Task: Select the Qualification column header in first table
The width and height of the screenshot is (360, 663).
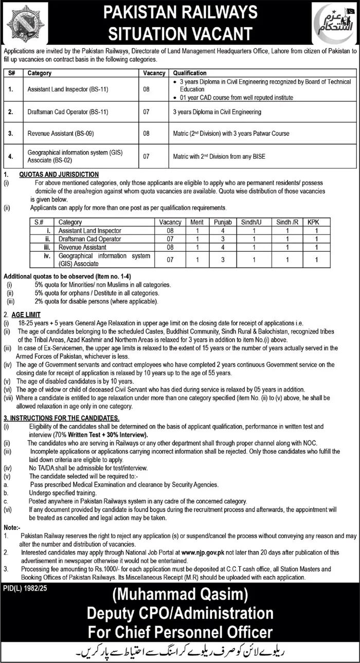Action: pyautogui.click(x=190, y=73)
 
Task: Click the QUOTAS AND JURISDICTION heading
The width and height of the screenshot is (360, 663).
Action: pyautogui.click(x=59, y=175)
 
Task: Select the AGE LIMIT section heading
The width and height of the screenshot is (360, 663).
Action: pyautogui.click(x=29, y=315)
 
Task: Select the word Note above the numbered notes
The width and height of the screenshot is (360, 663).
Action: pyautogui.click(x=12, y=527)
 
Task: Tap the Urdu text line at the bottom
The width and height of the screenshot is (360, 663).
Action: pyautogui.click(x=179, y=651)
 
